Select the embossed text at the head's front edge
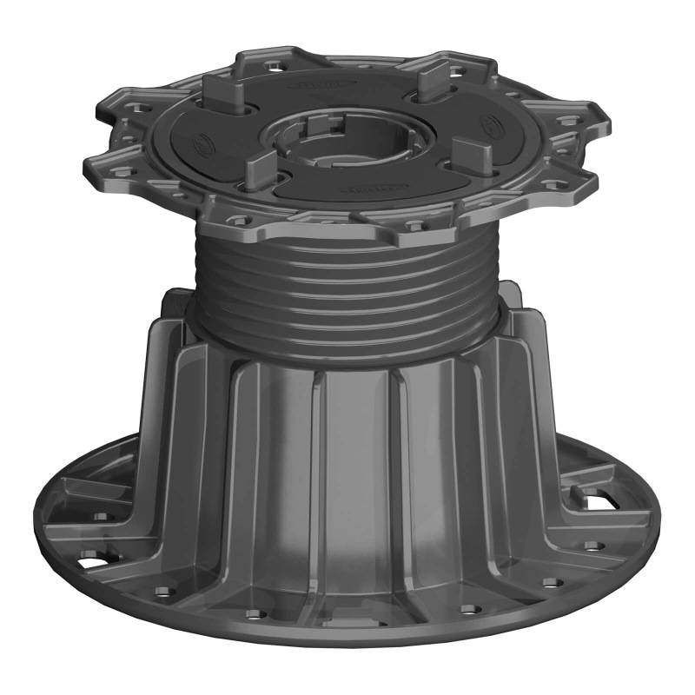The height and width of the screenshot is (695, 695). pyautogui.click(x=364, y=189)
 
